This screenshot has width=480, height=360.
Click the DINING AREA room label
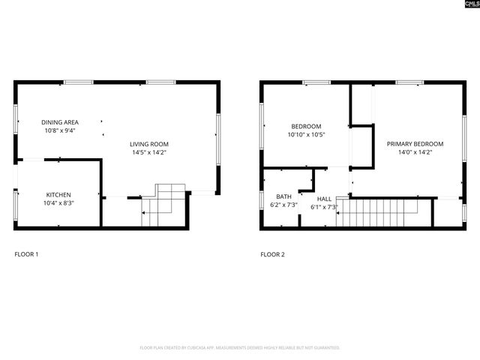pos(59,122)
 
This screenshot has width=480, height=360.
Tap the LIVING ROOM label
pos(148,144)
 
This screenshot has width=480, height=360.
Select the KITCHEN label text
pos(58,195)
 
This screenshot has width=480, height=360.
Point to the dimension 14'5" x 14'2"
pos(148,152)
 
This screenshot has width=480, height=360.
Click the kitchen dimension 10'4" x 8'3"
pos(58,203)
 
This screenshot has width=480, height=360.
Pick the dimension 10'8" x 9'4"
pos(59,130)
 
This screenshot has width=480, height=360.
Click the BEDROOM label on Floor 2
pos(306,126)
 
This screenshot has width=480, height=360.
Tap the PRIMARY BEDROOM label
pos(415,144)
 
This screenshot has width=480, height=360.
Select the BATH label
pos(283,196)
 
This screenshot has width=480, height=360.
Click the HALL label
pos(324,199)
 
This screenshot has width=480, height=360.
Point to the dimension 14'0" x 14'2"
pos(415,152)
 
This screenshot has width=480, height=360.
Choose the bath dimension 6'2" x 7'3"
pos(283,205)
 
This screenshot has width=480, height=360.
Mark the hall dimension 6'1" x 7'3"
pos(325,207)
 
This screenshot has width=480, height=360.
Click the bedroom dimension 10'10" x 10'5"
pos(306,134)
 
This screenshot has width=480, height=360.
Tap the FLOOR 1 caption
pos(26,255)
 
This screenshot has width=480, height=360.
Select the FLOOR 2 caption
pos(272,255)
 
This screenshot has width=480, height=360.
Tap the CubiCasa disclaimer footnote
pos(240,348)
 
